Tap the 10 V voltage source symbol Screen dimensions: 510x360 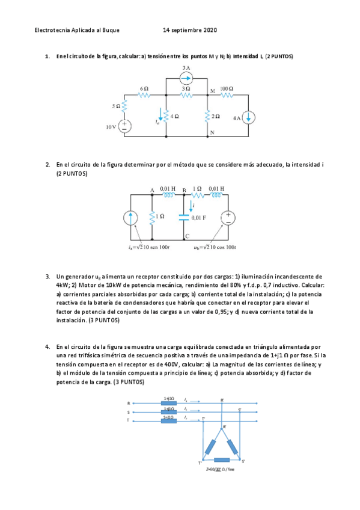[125, 126]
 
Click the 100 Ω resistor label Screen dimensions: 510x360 [227, 89]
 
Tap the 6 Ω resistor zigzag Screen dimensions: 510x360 [144, 95]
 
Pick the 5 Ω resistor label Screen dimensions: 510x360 [116, 106]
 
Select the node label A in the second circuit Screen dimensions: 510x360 [152, 191]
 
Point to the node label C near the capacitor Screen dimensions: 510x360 [188, 236]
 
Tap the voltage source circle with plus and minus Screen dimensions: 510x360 [229, 217]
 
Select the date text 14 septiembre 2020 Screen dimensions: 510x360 [190, 30]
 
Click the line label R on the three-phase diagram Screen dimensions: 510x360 [128, 403]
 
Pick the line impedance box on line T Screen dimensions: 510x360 [169, 419]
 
